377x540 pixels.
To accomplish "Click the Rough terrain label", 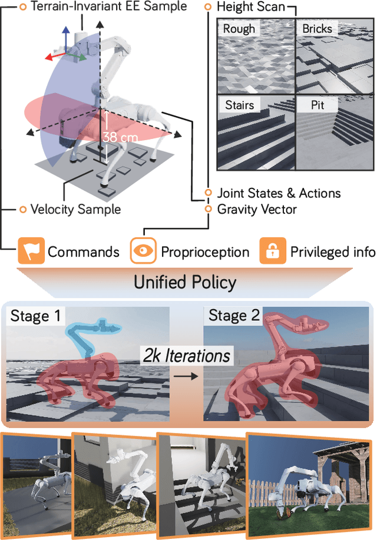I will (239, 28).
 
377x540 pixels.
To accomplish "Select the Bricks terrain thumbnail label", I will (317, 28).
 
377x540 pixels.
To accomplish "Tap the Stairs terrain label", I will (239, 105).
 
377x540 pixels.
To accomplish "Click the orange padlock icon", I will (272, 251).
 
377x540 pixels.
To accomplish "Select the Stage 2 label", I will (234, 316).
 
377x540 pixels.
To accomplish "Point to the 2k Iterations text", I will (186, 356).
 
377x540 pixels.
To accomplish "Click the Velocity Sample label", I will (75, 208).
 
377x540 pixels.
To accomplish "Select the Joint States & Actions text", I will (278, 193).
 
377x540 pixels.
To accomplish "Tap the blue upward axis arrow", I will (66, 35).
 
